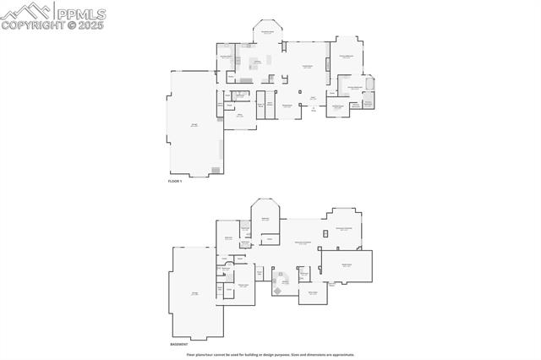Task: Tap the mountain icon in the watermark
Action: coord(26,11)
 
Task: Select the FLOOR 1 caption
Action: coord(175,181)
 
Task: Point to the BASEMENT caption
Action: coord(178,345)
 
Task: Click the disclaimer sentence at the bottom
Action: coord(270,354)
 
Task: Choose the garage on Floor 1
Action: coord(195,124)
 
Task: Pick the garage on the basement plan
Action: coord(196,292)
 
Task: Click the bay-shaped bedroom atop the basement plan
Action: coord(265,218)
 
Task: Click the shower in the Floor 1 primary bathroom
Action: coord(368,103)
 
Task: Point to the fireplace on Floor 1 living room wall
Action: coord(301,90)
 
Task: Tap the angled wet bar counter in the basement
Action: coord(280,290)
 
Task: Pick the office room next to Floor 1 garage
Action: coord(239,116)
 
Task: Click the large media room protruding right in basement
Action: coord(347,265)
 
